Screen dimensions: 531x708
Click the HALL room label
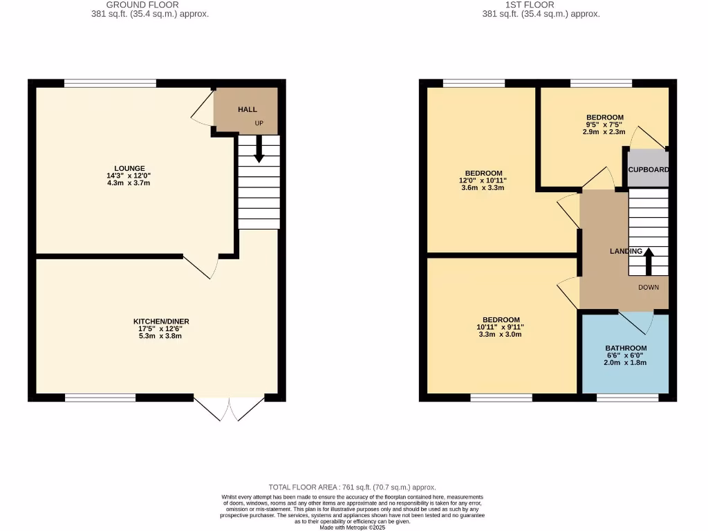click(248, 110)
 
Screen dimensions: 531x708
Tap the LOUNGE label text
click(130, 168)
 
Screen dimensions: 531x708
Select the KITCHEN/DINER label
click(161, 322)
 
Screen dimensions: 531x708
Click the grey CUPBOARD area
click(648, 170)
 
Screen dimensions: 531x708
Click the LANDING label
click(626, 251)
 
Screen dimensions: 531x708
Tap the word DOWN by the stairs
click(649, 288)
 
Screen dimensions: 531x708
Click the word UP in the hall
click(259, 124)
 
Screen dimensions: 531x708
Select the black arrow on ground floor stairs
click(259, 149)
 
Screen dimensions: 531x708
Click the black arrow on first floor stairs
click(649, 262)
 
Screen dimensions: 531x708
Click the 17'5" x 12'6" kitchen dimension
click(161, 329)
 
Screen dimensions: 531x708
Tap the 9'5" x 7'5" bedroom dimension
click(605, 124)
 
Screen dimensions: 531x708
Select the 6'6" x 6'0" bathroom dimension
click(626, 355)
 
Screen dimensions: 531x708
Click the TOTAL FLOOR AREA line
click(353, 487)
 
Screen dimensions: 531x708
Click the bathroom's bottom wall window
click(628, 398)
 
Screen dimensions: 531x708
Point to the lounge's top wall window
click(110, 84)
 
